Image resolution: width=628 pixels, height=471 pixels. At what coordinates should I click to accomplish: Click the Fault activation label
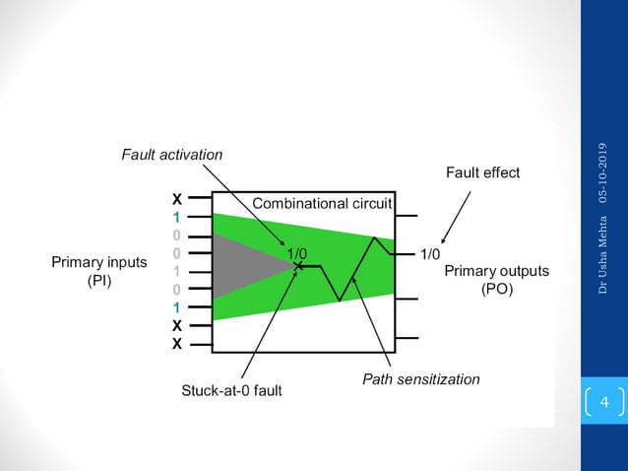[x=171, y=155]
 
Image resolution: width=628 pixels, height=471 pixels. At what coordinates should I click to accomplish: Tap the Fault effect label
[x=482, y=172]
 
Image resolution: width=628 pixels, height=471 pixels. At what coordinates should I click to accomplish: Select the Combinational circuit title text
[x=322, y=204]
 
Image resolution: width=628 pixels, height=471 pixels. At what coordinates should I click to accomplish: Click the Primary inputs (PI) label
[x=98, y=272]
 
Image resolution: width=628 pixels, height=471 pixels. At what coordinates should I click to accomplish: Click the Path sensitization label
[x=420, y=378]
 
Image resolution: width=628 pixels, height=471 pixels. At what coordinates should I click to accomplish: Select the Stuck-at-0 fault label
[x=231, y=390]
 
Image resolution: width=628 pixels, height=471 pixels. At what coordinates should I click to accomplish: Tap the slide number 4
[x=604, y=402]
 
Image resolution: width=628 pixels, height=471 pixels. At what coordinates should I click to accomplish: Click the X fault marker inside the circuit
[x=297, y=266]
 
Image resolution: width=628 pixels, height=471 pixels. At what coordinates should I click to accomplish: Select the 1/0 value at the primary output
[x=430, y=254]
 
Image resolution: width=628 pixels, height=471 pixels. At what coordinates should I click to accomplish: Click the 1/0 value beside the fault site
[x=296, y=253]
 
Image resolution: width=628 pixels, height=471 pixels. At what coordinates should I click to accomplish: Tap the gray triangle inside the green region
[x=246, y=266]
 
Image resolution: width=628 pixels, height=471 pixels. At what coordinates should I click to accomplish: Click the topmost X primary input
[x=176, y=199]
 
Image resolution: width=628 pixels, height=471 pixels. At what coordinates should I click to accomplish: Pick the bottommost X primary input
[x=176, y=345]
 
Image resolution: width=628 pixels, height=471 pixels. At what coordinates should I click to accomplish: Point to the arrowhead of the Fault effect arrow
[x=444, y=239]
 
